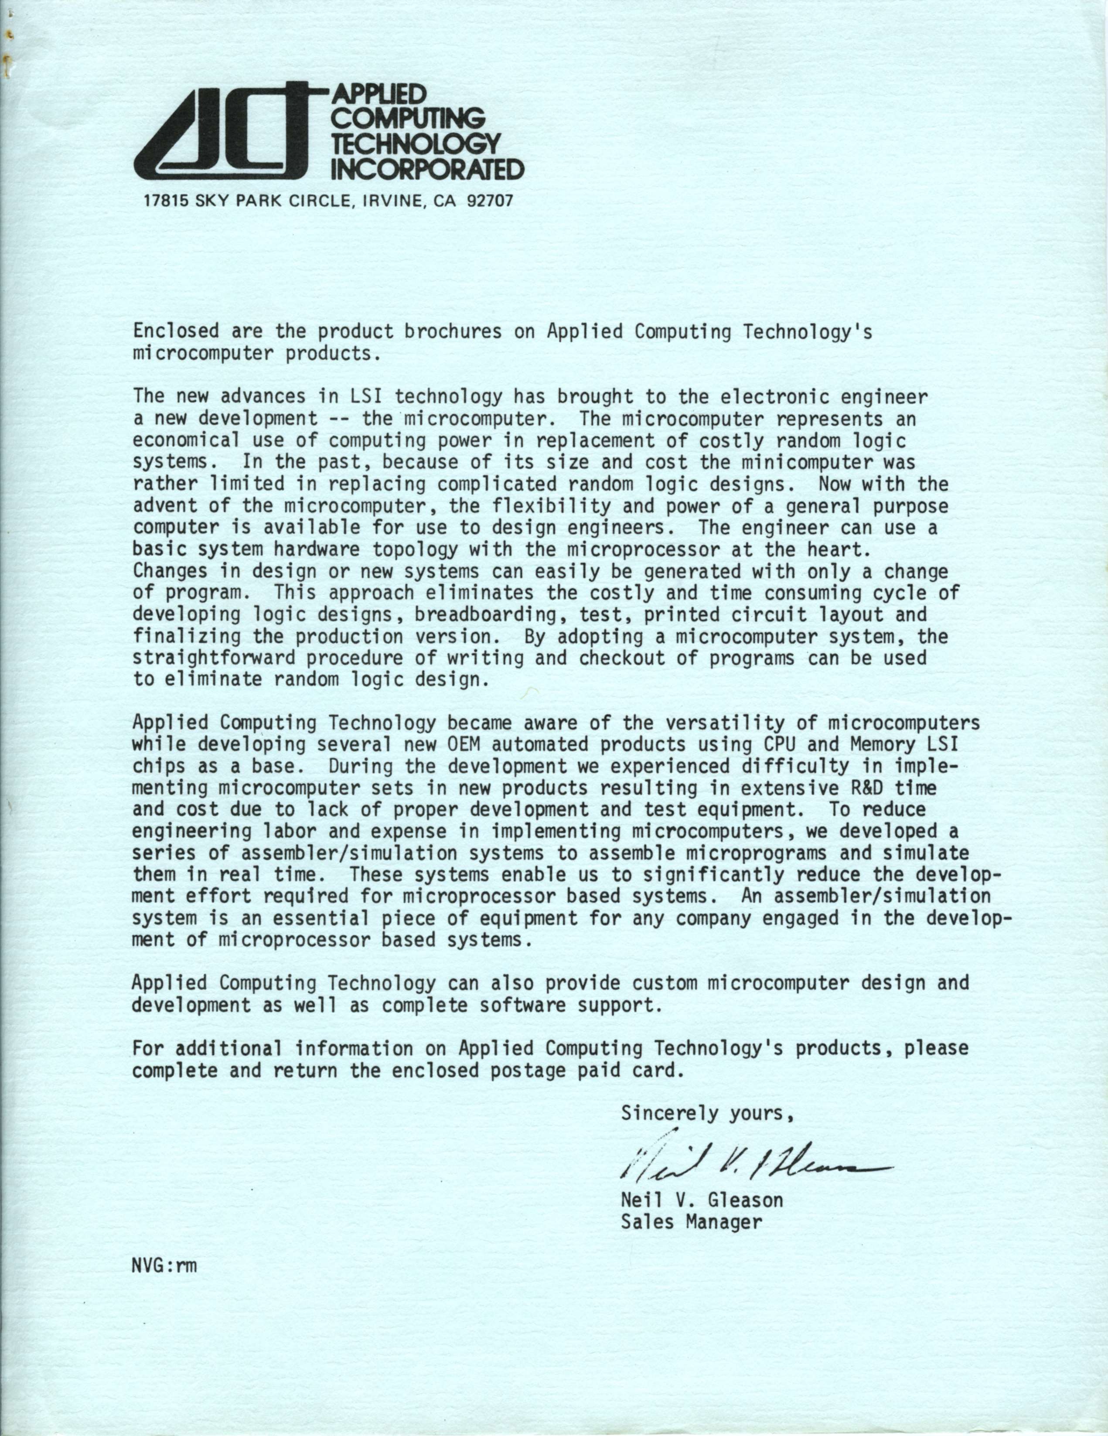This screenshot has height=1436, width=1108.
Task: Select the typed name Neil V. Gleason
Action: [702, 1201]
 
